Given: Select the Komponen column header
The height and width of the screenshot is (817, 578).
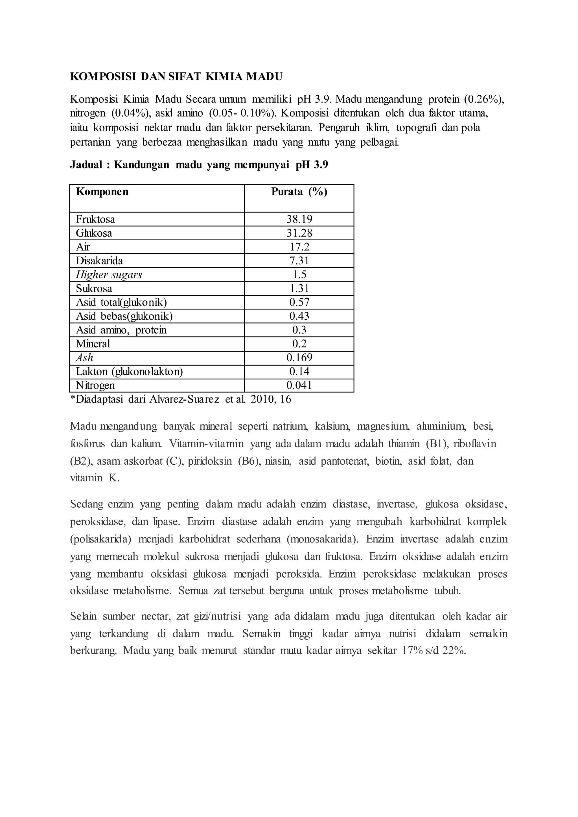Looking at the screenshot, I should coord(102,192).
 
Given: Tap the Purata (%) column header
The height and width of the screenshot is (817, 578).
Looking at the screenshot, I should coord(299,192).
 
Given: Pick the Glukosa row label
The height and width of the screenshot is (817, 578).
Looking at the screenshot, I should coord(94,233).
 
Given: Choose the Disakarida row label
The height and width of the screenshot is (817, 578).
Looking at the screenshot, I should coord(99,261).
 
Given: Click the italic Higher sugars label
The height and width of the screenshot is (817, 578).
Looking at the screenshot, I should coord(109,275).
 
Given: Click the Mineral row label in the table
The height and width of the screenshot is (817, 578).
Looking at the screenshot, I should coord(93,344).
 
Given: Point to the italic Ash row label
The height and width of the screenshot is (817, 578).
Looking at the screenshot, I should coord(84,358).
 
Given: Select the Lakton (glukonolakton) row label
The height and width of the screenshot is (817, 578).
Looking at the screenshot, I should coord(129,372).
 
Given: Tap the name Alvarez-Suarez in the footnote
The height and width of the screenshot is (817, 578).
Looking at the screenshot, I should coord(184,399).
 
